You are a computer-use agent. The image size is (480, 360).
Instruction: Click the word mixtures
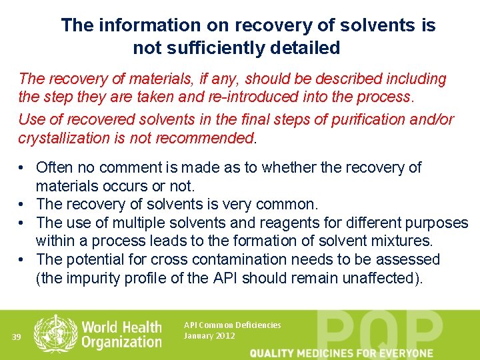pos(400,240)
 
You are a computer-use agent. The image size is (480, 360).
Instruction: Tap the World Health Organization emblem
pos(55,333)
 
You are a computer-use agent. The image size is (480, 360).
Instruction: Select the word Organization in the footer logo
pos(121,343)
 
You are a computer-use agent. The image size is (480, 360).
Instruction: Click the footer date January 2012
pos(209,335)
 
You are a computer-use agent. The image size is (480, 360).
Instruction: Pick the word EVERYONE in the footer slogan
pos(403,353)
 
